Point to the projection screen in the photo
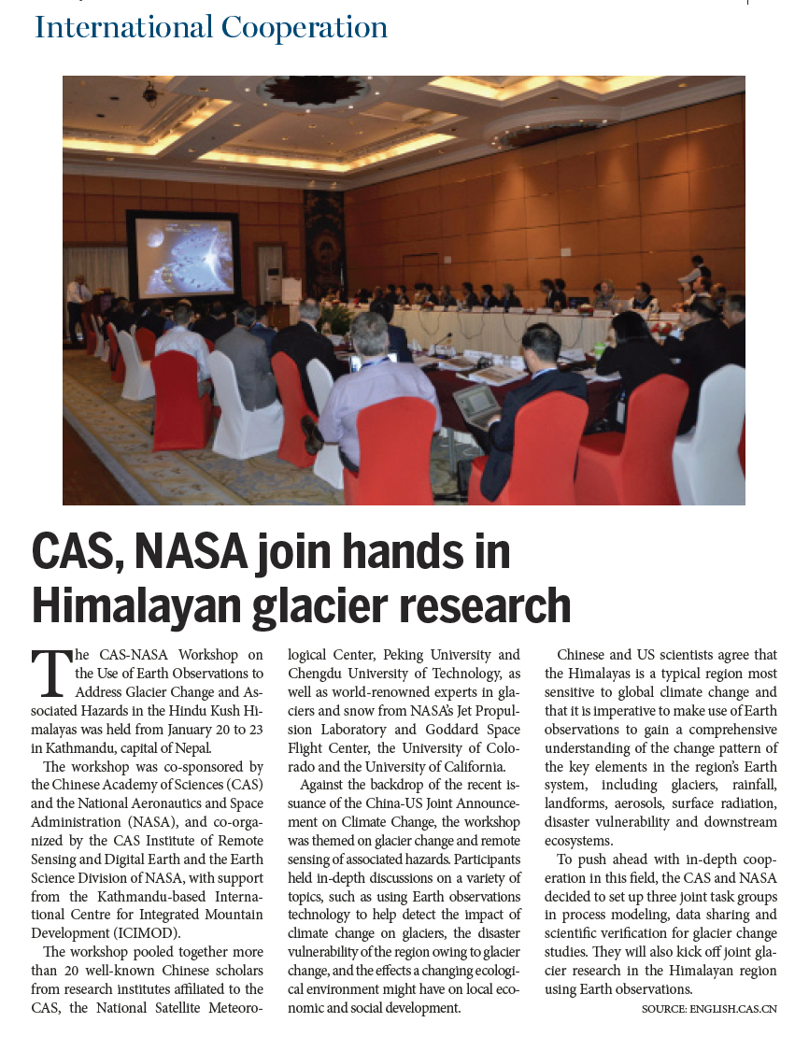click(x=185, y=258)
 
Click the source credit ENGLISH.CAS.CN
click(x=734, y=1009)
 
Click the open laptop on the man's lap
click(x=478, y=404)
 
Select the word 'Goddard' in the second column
click(x=438, y=730)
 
